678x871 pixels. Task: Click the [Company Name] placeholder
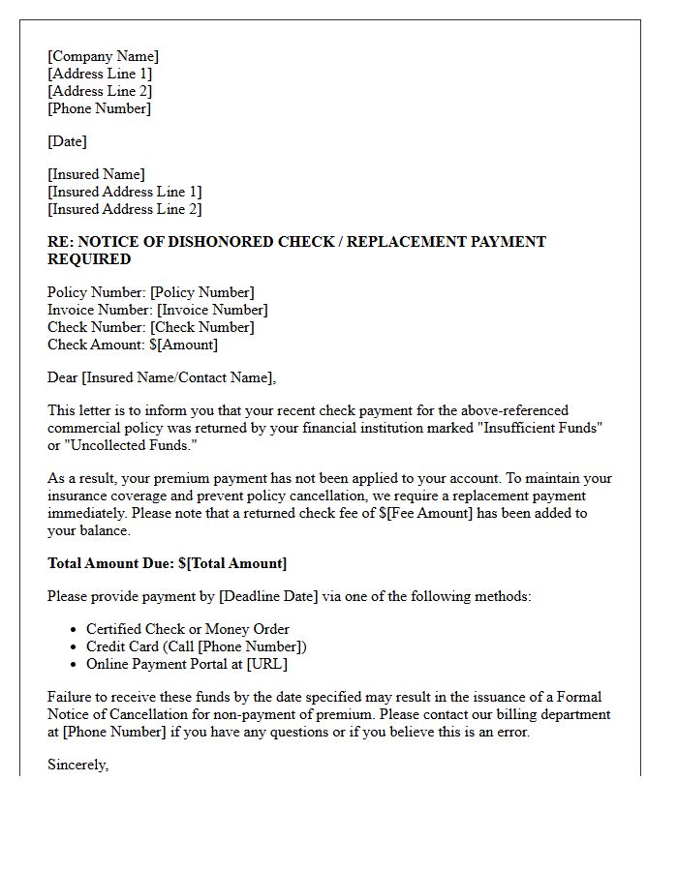pyautogui.click(x=103, y=56)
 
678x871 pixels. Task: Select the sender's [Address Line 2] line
pyautogui.click(x=100, y=91)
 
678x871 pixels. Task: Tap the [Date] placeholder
pyautogui.click(x=67, y=141)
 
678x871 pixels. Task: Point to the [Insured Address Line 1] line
pyautogui.click(x=125, y=192)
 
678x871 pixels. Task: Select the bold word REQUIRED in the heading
pyautogui.click(x=89, y=259)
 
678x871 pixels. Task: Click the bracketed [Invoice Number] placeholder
pyautogui.click(x=212, y=310)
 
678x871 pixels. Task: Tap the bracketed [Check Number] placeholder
pyautogui.click(x=202, y=327)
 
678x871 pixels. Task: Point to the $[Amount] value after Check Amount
pyautogui.click(x=183, y=345)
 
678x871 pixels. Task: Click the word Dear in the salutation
pyautogui.click(x=63, y=377)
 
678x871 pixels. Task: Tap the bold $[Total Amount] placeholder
pyautogui.click(x=232, y=563)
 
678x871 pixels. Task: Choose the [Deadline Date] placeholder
pyautogui.click(x=268, y=596)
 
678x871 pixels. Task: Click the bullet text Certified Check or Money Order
pyautogui.click(x=188, y=629)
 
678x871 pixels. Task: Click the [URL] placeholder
pyautogui.click(x=266, y=664)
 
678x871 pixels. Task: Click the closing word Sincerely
pyautogui.click(x=77, y=765)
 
